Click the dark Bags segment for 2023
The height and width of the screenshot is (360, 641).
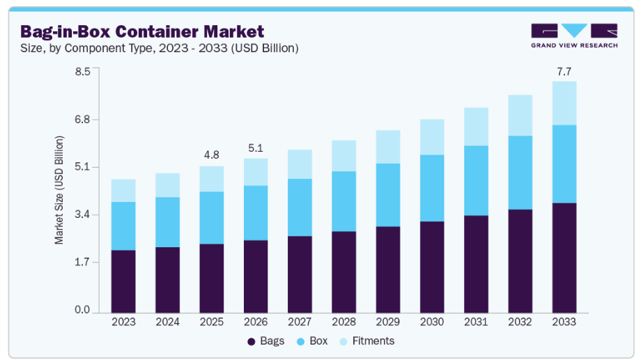point(123,281)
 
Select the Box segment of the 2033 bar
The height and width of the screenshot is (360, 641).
point(564,164)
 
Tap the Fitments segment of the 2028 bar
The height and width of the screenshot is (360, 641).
point(344,156)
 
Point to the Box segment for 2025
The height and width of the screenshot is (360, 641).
point(212,217)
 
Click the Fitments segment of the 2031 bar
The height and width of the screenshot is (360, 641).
point(477,127)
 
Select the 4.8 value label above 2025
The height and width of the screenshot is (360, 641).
point(212,155)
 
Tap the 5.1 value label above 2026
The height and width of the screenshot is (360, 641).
point(256,148)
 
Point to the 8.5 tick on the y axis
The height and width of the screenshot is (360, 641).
point(82,72)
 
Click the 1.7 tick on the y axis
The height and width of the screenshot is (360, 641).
point(82,263)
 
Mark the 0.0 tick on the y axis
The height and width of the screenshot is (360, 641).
point(82,311)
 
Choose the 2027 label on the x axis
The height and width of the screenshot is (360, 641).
point(300,322)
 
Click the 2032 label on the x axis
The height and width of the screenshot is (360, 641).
point(520,322)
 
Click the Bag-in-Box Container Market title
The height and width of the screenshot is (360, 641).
point(142,31)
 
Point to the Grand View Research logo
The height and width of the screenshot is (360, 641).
point(573,36)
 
